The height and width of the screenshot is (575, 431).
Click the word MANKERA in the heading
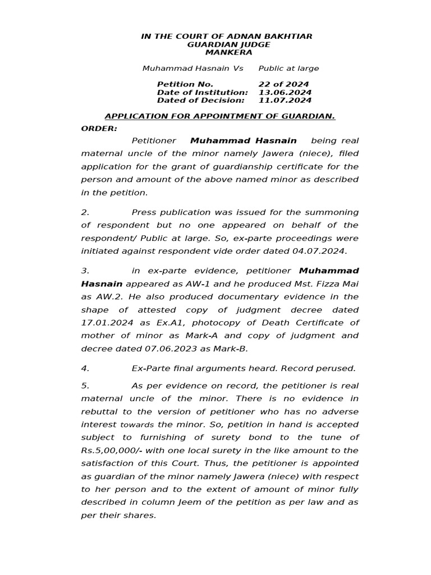pos(228,52)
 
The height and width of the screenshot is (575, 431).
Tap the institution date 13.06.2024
pos(285,92)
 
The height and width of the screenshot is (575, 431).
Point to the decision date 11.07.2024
pos(285,101)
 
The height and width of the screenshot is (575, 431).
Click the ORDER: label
pos(99,128)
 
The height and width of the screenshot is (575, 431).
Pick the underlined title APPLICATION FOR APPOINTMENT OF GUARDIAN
pos(220,116)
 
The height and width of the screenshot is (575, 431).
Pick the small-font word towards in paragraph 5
pos(137,425)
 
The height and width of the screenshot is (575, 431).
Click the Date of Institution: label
pos(202,92)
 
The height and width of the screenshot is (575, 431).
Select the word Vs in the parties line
pos(238,69)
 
